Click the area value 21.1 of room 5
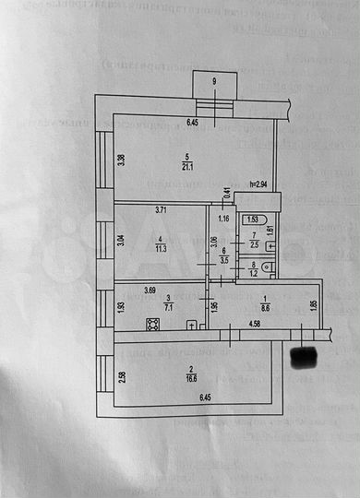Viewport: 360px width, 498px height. (186, 165)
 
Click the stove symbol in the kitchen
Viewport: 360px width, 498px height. (152, 324)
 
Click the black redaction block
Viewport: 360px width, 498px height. (305, 353)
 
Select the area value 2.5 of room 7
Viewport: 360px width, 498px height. (255, 245)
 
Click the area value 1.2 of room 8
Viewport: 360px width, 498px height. (255, 274)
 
